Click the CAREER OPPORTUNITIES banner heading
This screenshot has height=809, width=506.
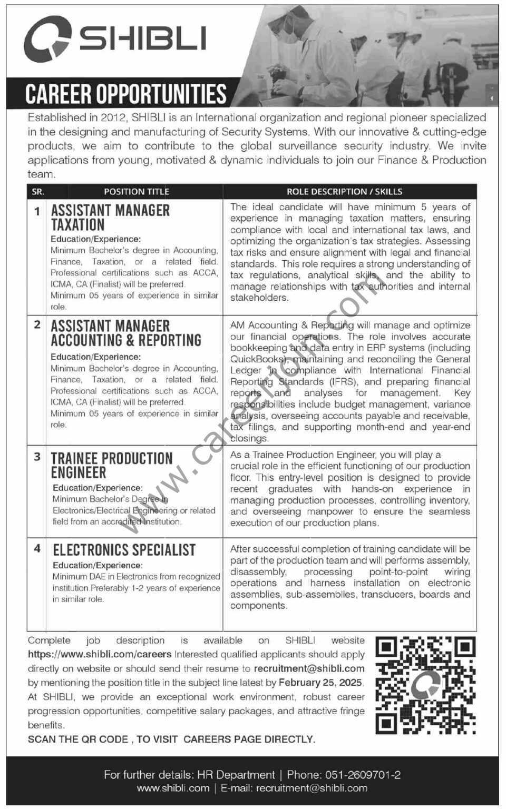pos(126,94)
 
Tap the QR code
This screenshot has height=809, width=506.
pos(425,685)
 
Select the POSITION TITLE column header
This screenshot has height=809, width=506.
pos(136,192)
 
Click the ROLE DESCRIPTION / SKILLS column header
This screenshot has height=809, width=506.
pos(344,192)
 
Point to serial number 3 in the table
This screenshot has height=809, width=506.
pos(37,457)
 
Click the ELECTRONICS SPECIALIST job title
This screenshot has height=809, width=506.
pos(124,550)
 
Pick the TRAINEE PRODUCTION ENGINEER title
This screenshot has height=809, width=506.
pos(111,465)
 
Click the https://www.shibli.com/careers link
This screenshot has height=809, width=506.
pos(100,654)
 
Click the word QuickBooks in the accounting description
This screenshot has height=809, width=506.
pos(255,359)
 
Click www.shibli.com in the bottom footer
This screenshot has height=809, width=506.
pos(173,788)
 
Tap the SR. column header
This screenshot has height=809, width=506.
pos(38,192)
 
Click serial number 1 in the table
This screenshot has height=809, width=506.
pos(37,211)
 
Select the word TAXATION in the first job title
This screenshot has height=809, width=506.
pos(77,225)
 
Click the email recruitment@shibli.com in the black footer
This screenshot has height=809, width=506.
pos(312,788)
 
